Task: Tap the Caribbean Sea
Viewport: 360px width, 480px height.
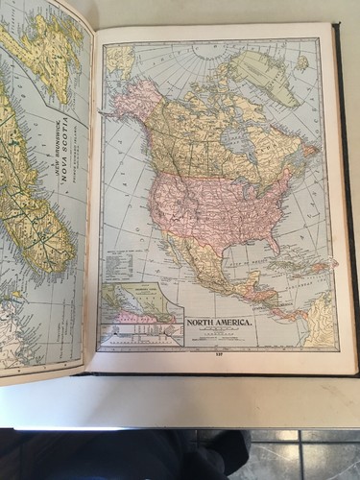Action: click(x=278, y=283)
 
